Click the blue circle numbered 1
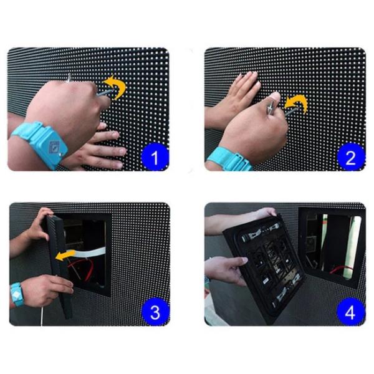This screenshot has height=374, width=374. pyautogui.click(x=155, y=157)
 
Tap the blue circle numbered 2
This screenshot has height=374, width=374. pyautogui.click(x=350, y=157)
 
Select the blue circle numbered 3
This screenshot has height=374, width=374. pyautogui.click(x=155, y=312)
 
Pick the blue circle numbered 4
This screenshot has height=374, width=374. pyautogui.click(x=350, y=312)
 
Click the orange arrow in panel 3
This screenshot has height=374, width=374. pyautogui.click(x=65, y=256)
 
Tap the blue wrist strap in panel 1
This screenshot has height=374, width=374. pyautogui.click(x=41, y=143)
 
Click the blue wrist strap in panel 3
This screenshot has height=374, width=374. pyautogui.click(x=17, y=295)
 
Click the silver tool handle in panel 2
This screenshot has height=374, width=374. pyautogui.click(x=271, y=107)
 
